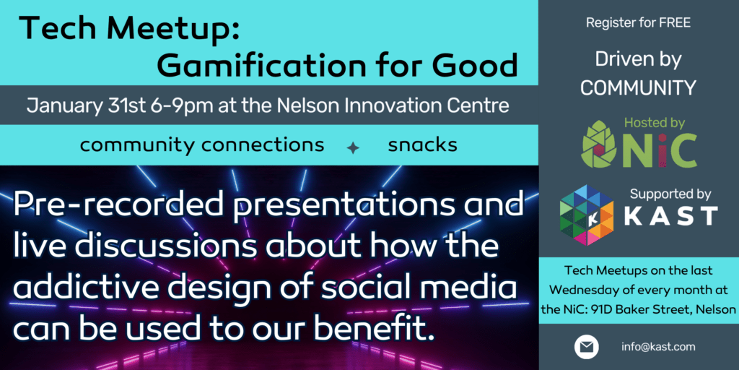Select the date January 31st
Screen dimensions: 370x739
tap(84, 106)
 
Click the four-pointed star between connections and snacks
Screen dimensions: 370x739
tap(353, 147)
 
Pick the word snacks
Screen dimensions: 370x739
tap(422, 145)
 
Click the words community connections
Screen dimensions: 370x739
tap(201, 145)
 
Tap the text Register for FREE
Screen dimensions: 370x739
tap(638, 23)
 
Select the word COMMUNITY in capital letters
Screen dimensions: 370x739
tap(638, 88)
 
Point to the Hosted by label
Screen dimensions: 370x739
tap(655, 123)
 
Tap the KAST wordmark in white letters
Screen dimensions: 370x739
tap(669, 216)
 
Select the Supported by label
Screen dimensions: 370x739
tap(670, 194)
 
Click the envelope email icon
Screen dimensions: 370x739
tap(586, 347)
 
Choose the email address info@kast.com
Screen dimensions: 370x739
tap(658, 347)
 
